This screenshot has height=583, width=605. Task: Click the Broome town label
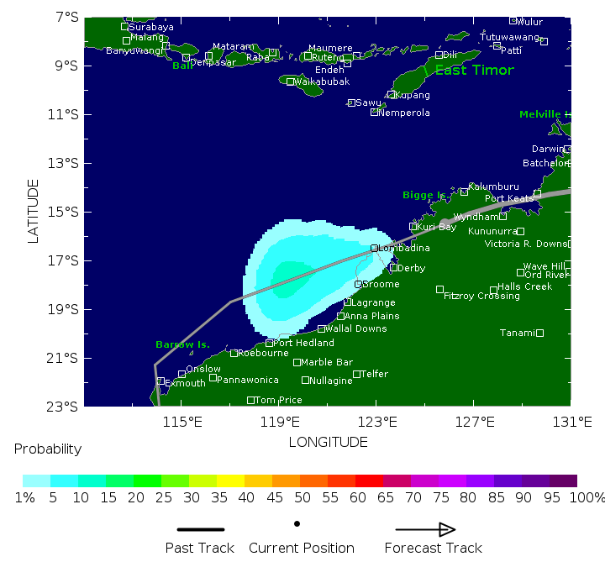381,285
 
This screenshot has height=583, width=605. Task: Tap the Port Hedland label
304,343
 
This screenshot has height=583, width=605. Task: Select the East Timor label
474,71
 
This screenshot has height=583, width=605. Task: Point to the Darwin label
548,150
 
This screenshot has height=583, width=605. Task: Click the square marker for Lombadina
375,249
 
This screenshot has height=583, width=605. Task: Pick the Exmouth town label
185,384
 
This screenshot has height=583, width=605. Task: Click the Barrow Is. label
182,345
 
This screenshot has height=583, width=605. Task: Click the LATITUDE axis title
34,211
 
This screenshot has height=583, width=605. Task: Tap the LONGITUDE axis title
328,442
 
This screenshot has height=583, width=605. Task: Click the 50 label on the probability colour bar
297,497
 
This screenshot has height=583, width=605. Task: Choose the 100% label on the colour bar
587,497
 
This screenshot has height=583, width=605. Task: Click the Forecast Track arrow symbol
425,529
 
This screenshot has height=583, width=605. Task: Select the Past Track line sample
201,529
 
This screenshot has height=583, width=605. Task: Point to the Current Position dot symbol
297,523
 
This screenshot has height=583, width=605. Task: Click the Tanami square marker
539,333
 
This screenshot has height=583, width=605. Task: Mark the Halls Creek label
525,287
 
